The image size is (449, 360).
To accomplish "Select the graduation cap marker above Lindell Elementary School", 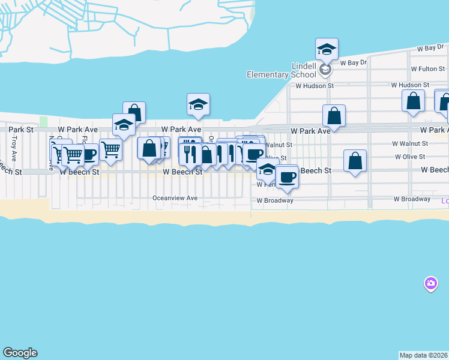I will (x=327, y=49).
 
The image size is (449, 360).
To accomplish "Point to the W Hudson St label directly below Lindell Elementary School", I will (x=314, y=86).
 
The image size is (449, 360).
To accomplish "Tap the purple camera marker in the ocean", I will (x=430, y=283).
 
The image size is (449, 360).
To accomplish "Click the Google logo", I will (x=20, y=353).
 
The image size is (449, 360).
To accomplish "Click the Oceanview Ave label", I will (x=175, y=197).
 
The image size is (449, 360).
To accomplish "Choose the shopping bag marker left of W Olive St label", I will (x=355, y=161).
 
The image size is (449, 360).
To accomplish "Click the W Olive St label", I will (x=409, y=157).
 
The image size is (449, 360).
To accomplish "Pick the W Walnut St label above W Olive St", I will (x=409, y=144).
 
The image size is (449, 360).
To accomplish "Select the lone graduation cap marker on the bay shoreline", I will (x=198, y=104).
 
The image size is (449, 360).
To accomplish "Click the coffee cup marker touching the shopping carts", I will (x=89, y=154).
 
